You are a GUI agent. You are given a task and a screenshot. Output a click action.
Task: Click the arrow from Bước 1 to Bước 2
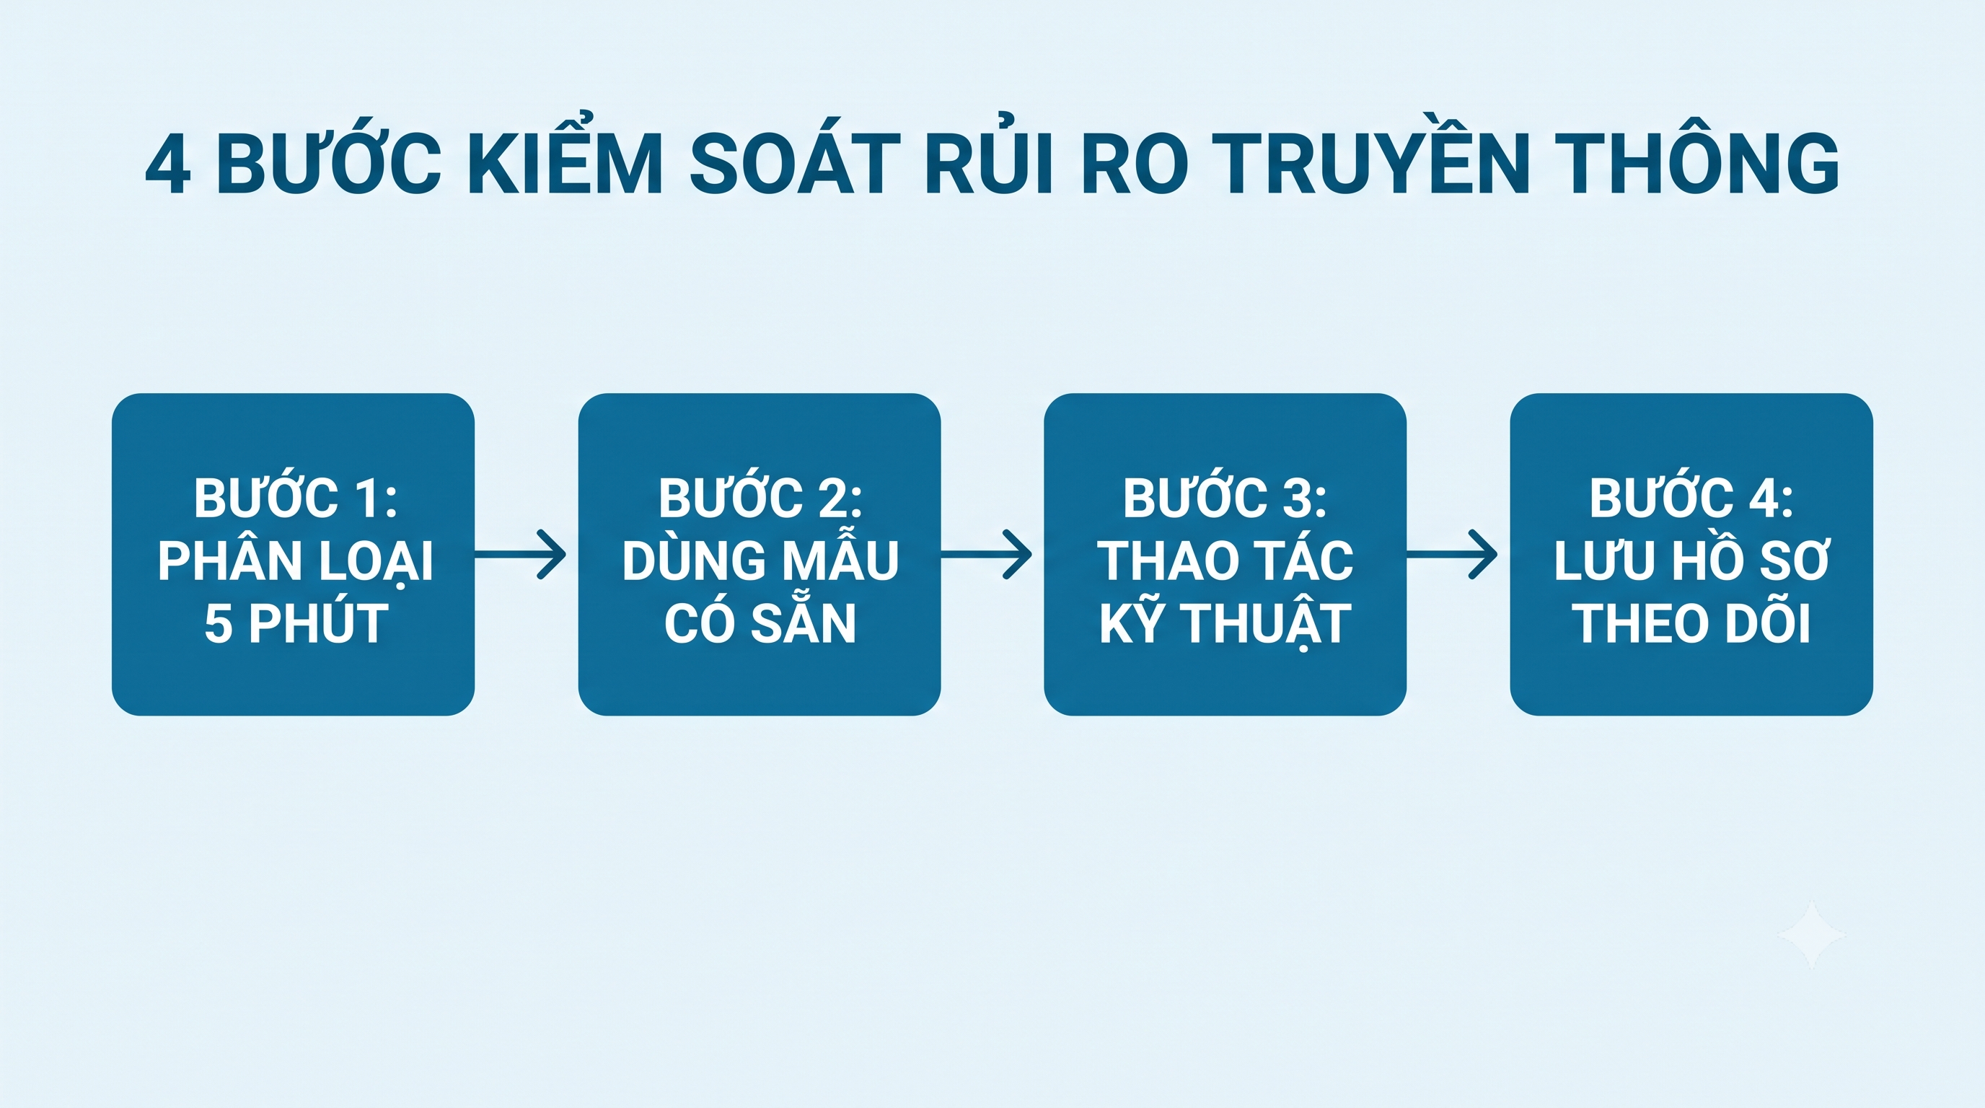(520, 554)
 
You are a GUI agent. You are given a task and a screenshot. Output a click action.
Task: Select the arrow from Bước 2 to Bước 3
(986, 554)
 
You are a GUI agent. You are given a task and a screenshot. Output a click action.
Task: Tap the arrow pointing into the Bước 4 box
(1452, 554)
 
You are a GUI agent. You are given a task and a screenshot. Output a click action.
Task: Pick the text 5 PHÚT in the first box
(296, 623)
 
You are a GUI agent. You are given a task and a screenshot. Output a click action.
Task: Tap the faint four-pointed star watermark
(1812, 935)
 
